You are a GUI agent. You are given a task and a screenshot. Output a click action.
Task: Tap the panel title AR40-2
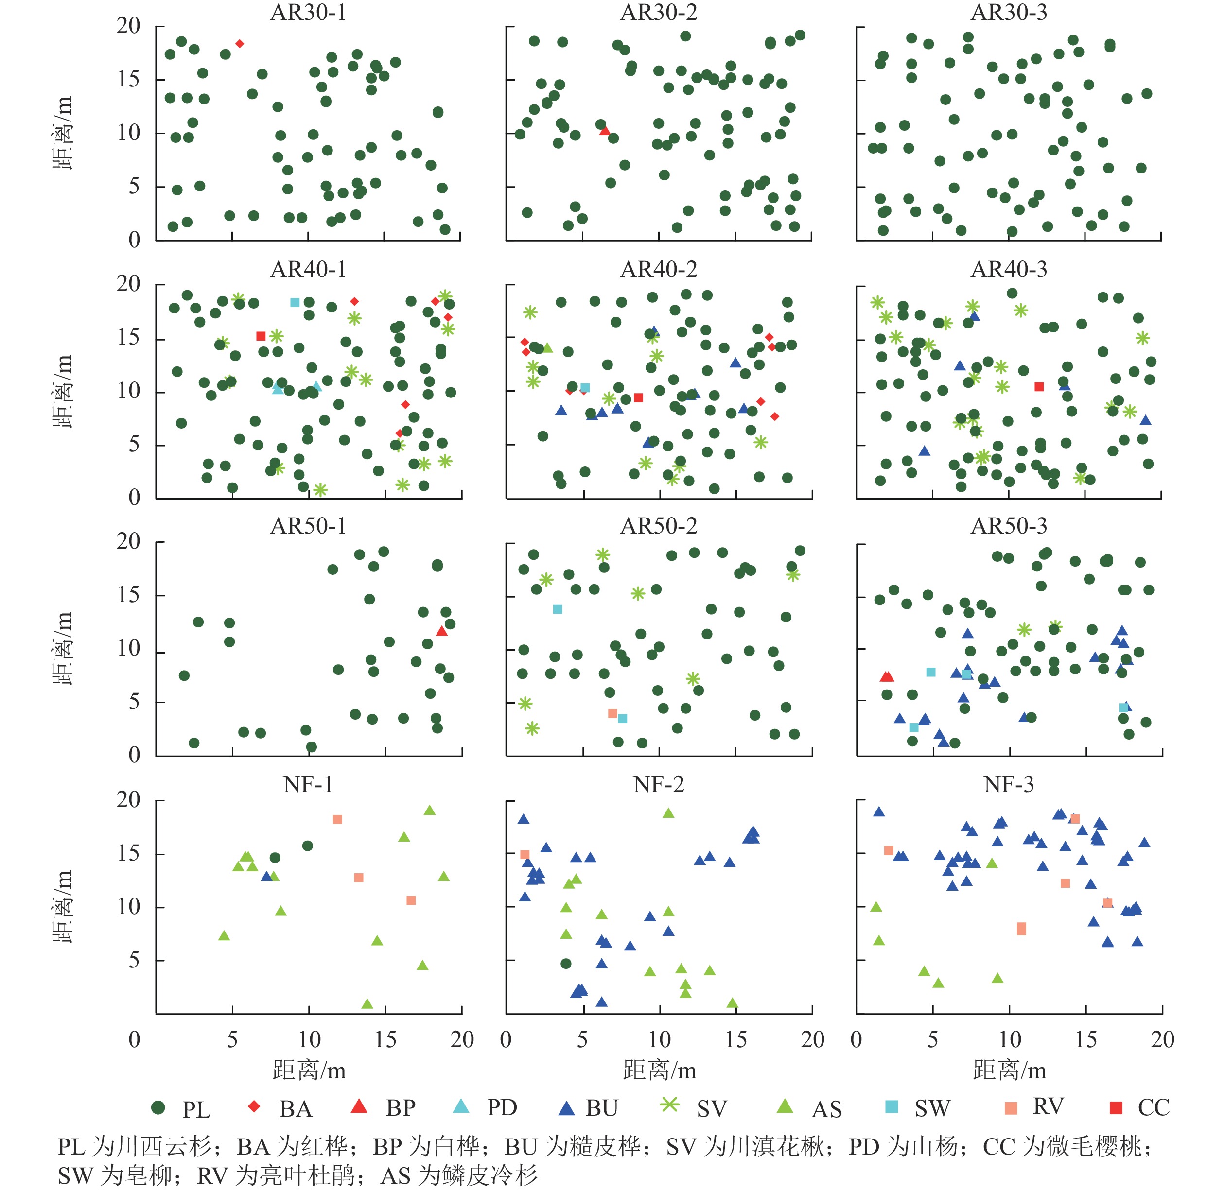658,269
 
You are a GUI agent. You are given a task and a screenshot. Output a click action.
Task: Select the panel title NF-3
1009,784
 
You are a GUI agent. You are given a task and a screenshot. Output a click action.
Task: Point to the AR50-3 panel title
1009,526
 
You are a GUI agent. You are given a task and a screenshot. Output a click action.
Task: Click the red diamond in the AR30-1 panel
240,44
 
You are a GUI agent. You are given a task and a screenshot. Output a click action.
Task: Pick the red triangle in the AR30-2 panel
604,130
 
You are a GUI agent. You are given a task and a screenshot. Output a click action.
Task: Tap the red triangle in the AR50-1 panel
442,631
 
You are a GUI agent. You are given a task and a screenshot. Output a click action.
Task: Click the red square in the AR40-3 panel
1039,387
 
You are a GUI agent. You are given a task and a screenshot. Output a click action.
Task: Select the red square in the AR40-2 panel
638,397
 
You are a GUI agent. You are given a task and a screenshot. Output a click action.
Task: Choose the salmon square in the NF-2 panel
525,854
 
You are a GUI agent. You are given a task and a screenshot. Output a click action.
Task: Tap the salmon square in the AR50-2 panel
612,713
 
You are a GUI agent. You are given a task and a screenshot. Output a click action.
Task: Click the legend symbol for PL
158,1108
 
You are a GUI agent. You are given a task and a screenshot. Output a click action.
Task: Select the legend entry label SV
711,1109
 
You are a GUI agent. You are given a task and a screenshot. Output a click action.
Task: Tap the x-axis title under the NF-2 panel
659,1070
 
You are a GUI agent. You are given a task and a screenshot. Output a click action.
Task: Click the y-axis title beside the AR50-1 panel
63,649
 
